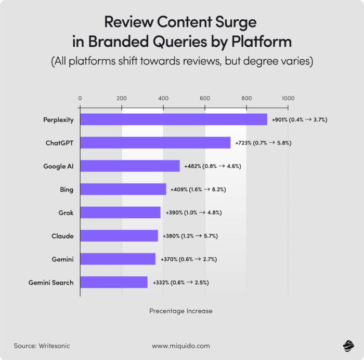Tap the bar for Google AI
coord(129,166)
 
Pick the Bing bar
coord(123,190)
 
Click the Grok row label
coord(66,213)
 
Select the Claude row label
coord(62,236)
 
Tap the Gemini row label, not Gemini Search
coord(62,259)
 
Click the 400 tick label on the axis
coord(163,98)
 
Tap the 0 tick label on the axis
coord(80,98)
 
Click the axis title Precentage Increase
coord(181,311)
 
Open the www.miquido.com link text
coord(181,345)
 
